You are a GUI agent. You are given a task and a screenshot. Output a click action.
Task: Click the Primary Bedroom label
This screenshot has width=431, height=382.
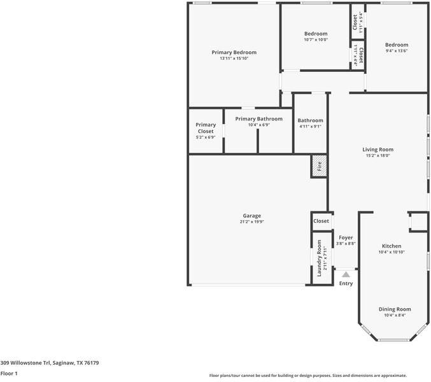tap(234, 52)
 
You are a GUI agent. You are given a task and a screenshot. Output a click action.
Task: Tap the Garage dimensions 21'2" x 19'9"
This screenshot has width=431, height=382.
tap(251, 222)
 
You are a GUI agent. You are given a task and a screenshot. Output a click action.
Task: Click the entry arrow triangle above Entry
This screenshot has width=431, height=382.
tap(346, 274)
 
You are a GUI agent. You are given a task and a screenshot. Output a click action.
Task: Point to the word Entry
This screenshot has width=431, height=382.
tap(346, 283)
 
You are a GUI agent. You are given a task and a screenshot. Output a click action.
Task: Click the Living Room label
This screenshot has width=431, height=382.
tap(378, 150)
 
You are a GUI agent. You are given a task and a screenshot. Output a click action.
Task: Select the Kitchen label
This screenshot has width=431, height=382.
tap(391, 246)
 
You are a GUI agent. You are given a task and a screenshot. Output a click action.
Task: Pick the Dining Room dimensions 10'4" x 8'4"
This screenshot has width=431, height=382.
tap(395, 315)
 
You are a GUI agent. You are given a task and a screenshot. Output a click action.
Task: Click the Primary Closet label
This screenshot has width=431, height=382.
tap(206, 128)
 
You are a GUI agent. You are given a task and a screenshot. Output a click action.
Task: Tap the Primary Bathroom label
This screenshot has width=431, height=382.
tap(258, 119)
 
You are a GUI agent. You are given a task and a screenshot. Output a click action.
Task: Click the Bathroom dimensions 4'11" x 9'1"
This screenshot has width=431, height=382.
tap(310, 126)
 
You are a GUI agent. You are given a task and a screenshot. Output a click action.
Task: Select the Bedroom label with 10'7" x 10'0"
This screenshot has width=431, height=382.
tap(315, 34)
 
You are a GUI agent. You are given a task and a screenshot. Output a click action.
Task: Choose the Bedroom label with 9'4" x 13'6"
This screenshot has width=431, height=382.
tap(397, 45)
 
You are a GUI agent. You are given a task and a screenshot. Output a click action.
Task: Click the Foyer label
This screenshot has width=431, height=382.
tap(346, 237)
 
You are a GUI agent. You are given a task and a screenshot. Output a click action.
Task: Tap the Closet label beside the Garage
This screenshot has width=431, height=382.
tap(321, 221)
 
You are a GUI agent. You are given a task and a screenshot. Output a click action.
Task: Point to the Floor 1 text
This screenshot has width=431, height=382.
tap(9, 374)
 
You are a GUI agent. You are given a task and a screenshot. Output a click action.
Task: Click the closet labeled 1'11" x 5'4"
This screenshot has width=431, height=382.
tap(357, 22)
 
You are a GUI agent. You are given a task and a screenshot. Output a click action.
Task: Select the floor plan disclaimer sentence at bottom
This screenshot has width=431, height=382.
tap(308, 376)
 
